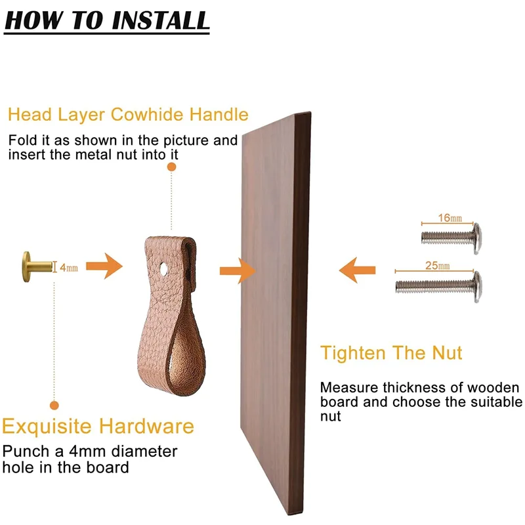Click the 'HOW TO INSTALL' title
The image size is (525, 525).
tap(107, 21)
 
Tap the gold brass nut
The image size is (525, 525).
tap(37, 266)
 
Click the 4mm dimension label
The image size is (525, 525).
tap(69, 268)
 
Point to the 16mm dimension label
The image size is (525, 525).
tap(450, 218)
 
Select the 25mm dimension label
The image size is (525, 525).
tap(437, 266)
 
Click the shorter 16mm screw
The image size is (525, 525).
tap(451, 238)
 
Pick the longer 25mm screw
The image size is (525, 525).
tap(438, 286)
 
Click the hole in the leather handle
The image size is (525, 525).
tap(164, 269)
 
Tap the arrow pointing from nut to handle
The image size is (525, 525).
tap(104, 266)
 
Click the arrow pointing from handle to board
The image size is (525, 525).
tap(238, 271)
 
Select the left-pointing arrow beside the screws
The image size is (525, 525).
tap(357, 270)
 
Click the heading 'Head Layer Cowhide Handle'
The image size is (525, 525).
tap(128, 114)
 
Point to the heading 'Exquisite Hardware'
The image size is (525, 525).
tap(98, 426)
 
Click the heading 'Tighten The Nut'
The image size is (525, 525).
tap(391, 352)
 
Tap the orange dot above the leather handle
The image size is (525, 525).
tap(171, 167)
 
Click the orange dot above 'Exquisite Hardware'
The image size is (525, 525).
tap(54, 406)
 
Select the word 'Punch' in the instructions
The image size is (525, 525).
tap(26, 451)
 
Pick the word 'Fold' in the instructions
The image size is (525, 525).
tap(22, 140)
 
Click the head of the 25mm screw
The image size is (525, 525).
tap(478, 287)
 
